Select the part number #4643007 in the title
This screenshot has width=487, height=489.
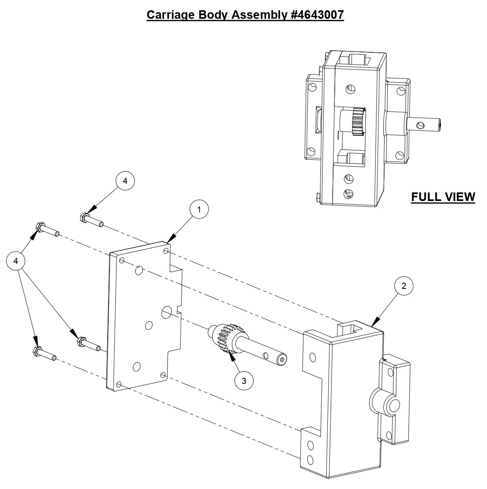(316, 15)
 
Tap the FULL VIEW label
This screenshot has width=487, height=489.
(443, 197)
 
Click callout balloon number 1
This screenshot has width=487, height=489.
(199, 210)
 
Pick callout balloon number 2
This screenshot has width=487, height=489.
(404, 286)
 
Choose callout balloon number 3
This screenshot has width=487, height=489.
(244, 381)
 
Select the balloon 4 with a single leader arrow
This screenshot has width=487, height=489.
(125, 181)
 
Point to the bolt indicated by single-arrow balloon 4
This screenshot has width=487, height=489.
(91, 219)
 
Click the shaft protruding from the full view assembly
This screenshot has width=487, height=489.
(427, 124)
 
